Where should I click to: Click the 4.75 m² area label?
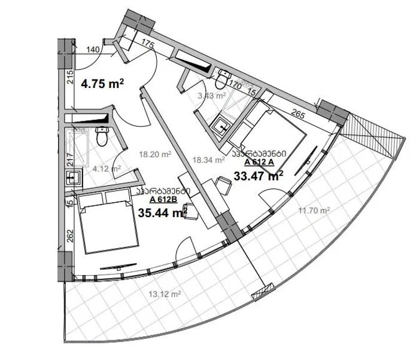tap(102, 84)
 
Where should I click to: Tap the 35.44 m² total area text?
tap(162, 213)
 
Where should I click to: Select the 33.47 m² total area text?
tap(259, 176)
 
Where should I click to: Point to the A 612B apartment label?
tap(163, 199)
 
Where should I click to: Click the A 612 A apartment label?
tap(259, 162)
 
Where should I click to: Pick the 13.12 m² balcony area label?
tap(165, 294)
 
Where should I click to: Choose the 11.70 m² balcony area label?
tap(314, 210)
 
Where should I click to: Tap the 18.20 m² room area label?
tap(155, 154)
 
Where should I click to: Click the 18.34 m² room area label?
tap(209, 160)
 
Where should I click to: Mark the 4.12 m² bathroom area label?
tap(107, 169)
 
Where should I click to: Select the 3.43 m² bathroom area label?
tap(212, 95)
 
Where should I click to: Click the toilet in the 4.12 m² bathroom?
tap(102, 136)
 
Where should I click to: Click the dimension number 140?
tap(93, 50)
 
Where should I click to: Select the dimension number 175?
tap(148, 44)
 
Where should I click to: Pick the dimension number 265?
tap(298, 114)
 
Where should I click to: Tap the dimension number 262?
tap(70, 236)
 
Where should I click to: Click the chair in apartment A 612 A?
tap(223, 185)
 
